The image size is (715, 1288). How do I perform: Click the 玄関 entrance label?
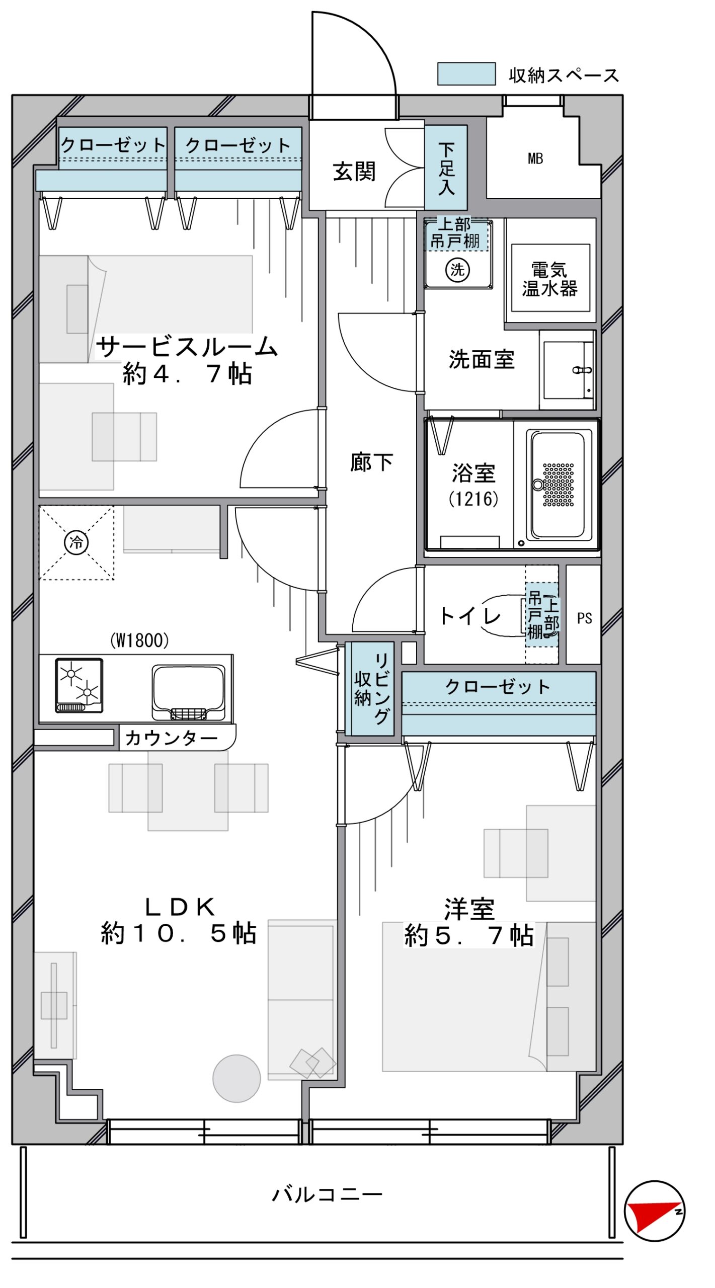(x=354, y=172)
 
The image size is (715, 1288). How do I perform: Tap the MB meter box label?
(x=535, y=159)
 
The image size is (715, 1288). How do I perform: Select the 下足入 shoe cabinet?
(x=446, y=168)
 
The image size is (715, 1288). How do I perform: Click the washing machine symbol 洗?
(x=457, y=270)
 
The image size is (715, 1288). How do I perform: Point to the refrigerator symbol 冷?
(x=76, y=542)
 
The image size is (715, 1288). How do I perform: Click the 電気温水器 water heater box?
(x=550, y=278)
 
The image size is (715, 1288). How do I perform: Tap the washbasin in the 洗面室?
(x=568, y=370)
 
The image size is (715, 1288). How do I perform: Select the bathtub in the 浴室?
(x=559, y=485)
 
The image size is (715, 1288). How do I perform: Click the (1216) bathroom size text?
(x=473, y=499)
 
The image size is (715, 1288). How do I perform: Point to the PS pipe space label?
(x=584, y=618)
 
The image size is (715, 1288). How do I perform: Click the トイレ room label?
(x=470, y=616)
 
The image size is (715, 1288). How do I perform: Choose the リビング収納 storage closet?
(x=372, y=689)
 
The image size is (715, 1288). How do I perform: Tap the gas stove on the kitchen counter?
(x=79, y=685)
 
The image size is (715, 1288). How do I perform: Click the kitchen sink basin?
(x=188, y=692)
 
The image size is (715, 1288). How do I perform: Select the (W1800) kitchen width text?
(x=139, y=640)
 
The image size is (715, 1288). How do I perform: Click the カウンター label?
(x=171, y=738)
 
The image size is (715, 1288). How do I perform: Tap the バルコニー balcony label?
(x=327, y=1194)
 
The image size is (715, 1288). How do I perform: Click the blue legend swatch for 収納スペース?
(x=466, y=74)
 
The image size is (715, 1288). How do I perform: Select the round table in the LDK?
(x=236, y=1078)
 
